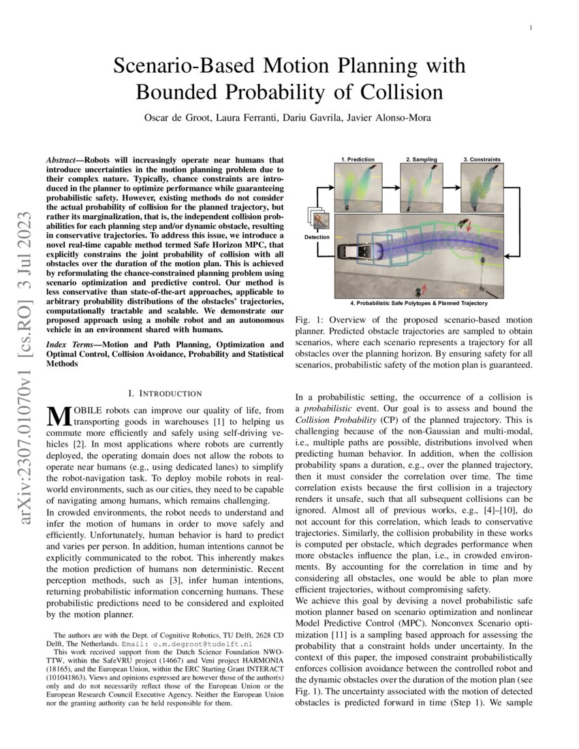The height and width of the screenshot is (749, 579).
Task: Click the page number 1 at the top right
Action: click(x=531, y=27)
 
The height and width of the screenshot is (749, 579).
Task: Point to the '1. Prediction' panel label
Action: click(x=358, y=159)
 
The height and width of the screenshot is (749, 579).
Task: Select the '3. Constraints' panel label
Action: click(x=482, y=159)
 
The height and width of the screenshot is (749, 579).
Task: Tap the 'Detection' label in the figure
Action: click(x=316, y=237)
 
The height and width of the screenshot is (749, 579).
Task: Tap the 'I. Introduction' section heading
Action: click(x=165, y=393)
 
